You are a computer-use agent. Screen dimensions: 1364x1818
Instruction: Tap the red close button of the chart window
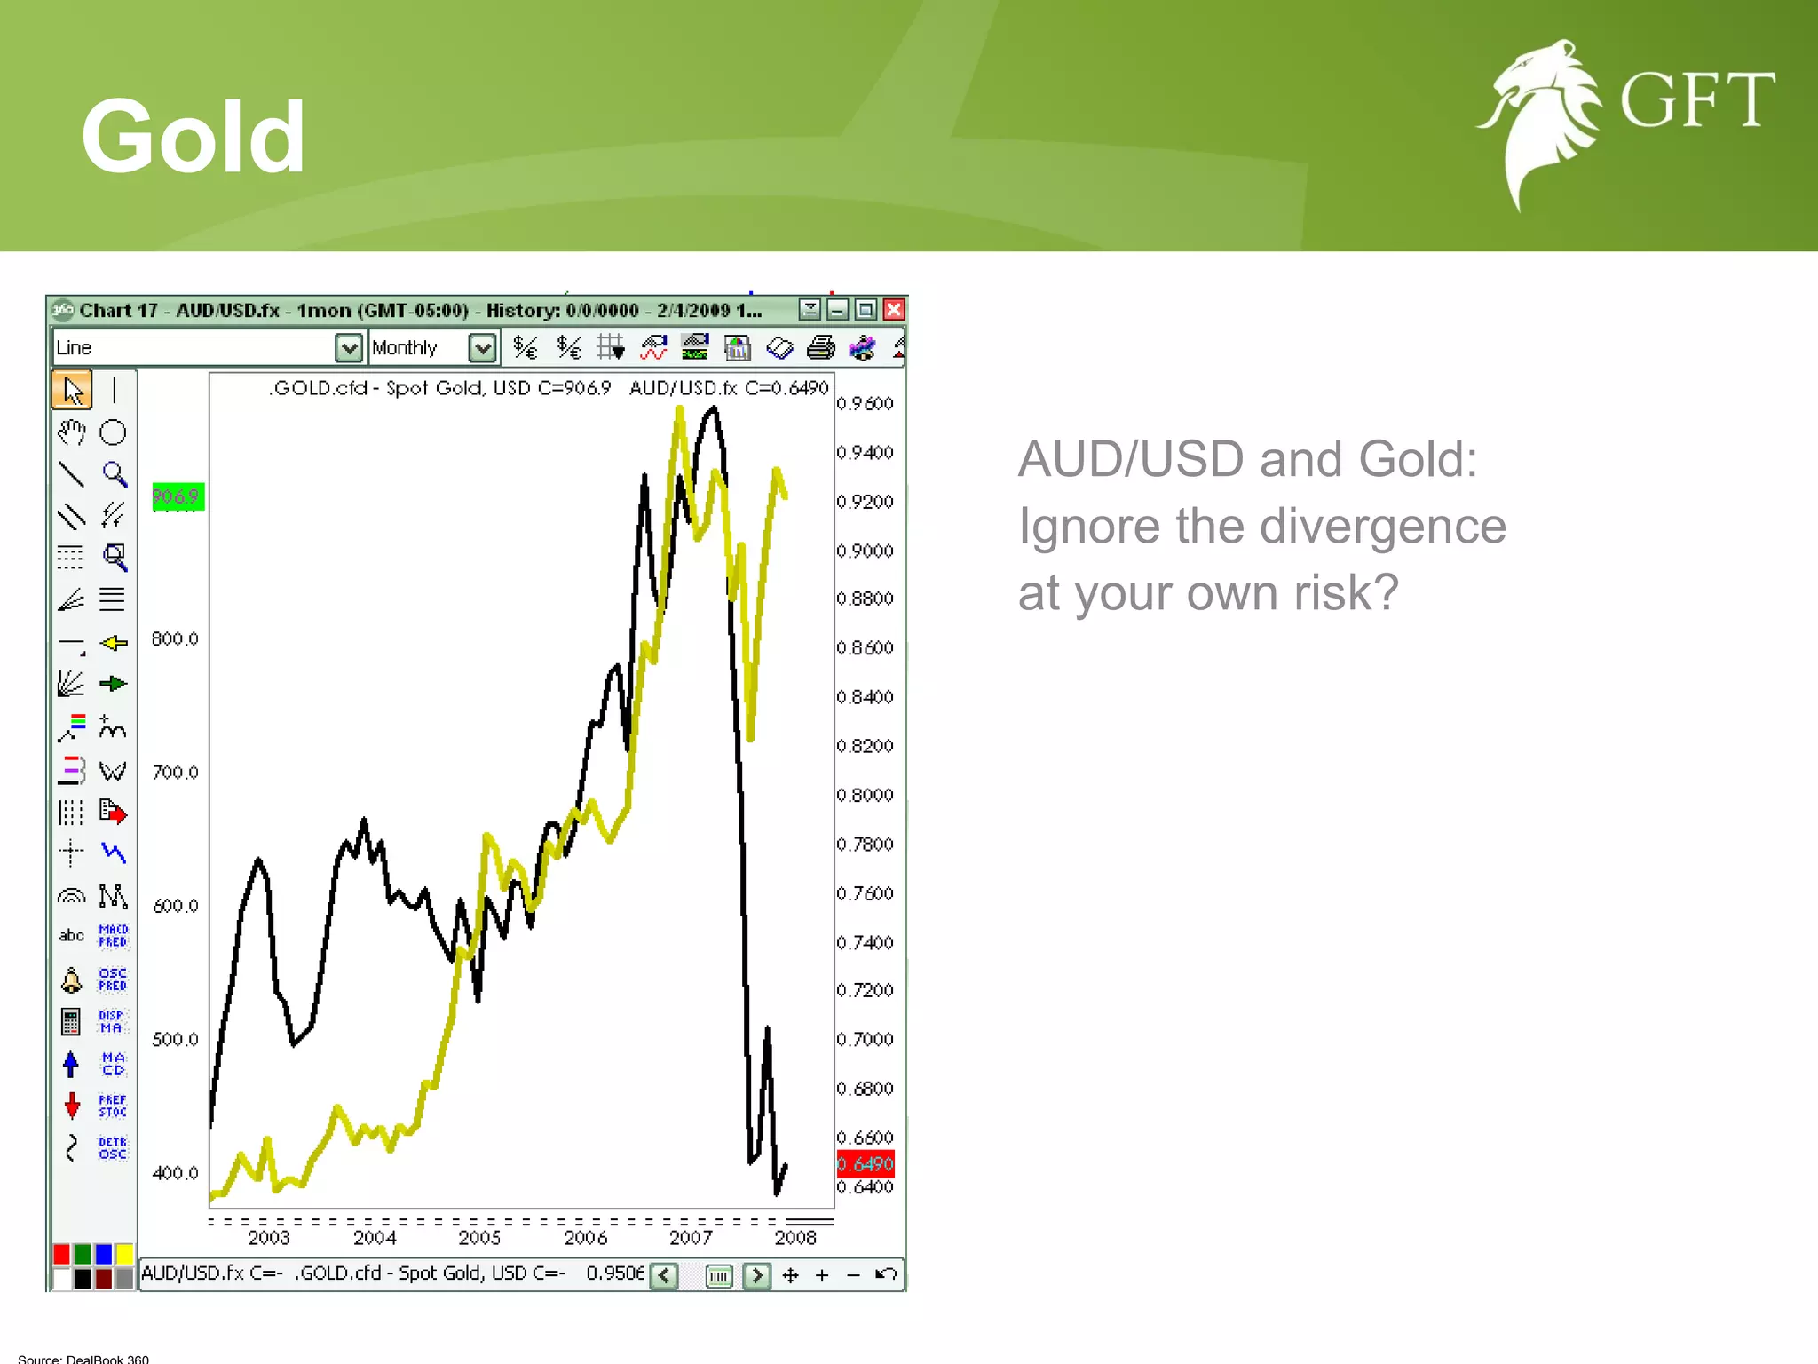coord(894,310)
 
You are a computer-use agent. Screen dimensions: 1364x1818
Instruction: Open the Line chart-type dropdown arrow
coord(349,348)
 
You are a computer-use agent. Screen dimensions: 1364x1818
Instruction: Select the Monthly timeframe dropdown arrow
coord(482,348)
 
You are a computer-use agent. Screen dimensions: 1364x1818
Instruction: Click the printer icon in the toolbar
coord(821,348)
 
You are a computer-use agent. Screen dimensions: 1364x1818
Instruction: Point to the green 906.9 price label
coord(178,496)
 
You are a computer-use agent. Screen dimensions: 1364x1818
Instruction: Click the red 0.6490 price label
coord(866,1163)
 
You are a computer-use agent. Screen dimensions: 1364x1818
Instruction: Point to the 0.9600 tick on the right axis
coord(865,404)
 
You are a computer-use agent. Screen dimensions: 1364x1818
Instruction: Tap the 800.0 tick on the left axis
coord(175,639)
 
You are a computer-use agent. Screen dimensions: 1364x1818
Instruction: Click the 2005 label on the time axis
coord(479,1238)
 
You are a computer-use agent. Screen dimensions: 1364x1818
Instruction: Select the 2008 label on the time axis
coord(794,1238)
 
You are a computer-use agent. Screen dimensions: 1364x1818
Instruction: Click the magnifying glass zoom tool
coord(114,474)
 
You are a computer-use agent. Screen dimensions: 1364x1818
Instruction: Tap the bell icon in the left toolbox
coord(71,980)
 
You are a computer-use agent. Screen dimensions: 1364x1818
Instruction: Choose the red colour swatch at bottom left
coord(61,1254)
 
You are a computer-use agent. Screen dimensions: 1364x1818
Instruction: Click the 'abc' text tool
coord(71,935)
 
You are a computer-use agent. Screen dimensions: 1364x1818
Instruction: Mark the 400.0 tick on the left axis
coord(175,1173)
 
